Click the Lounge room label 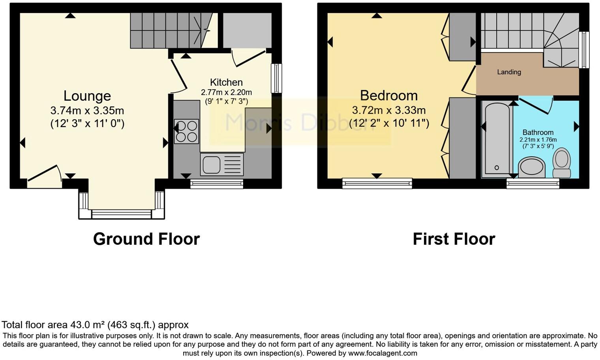pyautogui.click(x=87, y=96)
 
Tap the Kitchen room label pyautogui.click(x=226, y=82)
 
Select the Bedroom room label pyautogui.click(x=388, y=96)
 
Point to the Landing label pyautogui.click(x=509, y=72)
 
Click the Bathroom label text pyautogui.click(x=538, y=132)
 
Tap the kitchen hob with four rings pyautogui.click(x=186, y=131)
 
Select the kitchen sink pyautogui.click(x=212, y=165)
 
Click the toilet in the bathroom pyautogui.click(x=561, y=163)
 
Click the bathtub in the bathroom pyautogui.click(x=497, y=138)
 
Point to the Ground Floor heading pyautogui.click(x=146, y=239)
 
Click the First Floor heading pyautogui.click(x=454, y=239)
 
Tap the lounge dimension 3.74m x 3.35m pyautogui.click(x=87, y=111)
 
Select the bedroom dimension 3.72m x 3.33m pyautogui.click(x=388, y=110)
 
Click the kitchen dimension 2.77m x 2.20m pyautogui.click(x=226, y=92)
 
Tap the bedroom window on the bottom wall pyautogui.click(x=377, y=183)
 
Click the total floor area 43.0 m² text pyautogui.click(x=95, y=325)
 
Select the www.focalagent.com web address pyautogui.click(x=382, y=353)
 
